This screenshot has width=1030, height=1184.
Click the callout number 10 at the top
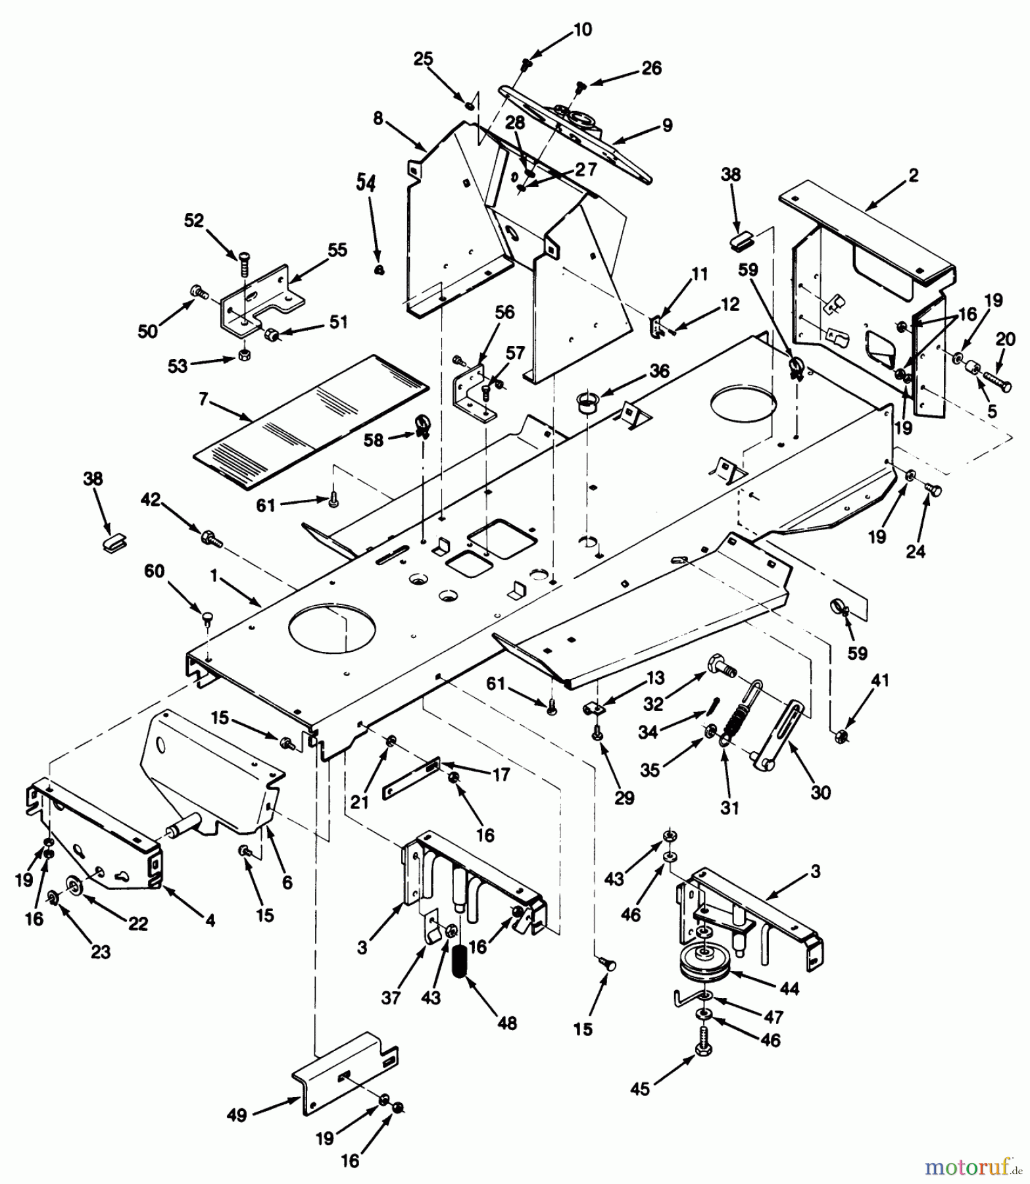(x=582, y=30)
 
